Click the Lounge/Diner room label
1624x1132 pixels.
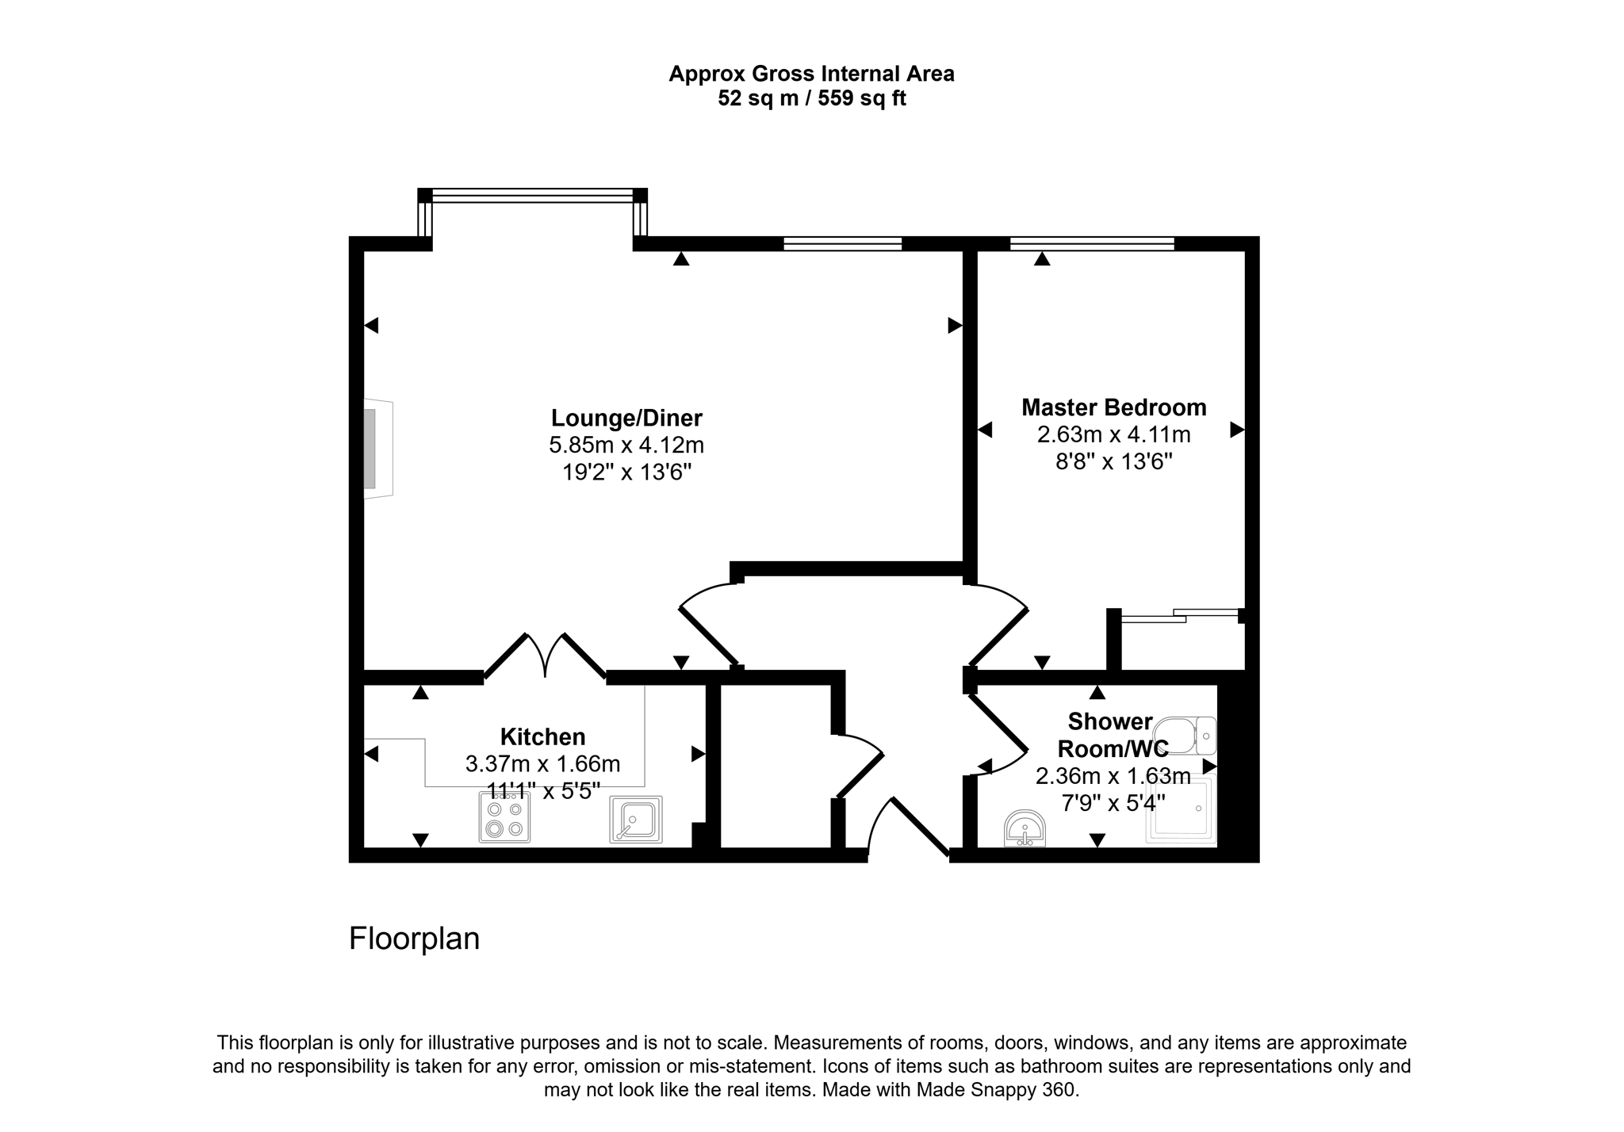pyautogui.click(x=626, y=418)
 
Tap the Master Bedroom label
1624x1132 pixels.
pyautogui.click(x=1113, y=407)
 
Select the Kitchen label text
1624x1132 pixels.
pyautogui.click(x=542, y=737)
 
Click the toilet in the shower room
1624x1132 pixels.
pyautogui.click(x=1184, y=736)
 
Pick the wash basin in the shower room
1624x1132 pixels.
pyautogui.click(x=1025, y=829)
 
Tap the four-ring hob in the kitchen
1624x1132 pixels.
pyautogui.click(x=505, y=818)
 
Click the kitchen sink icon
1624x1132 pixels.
pyautogui.click(x=636, y=819)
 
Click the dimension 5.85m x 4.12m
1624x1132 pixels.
pyautogui.click(x=626, y=446)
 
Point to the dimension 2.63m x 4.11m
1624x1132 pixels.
pyautogui.click(x=1113, y=434)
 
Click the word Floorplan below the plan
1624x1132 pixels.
pyautogui.click(x=414, y=939)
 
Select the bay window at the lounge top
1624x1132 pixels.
pyautogui.click(x=533, y=195)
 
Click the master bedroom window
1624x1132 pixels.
pyautogui.click(x=1092, y=243)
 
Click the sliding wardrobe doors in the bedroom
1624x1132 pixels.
pyautogui.click(x=1180, y=614)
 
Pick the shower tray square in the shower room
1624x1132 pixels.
pyautogui.click(x=1181, y=810)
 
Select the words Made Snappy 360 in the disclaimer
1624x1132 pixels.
pyautogui.click(x=997, y=1090)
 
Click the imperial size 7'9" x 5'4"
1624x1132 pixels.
pyautogui.click(x=1113, y=803)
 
